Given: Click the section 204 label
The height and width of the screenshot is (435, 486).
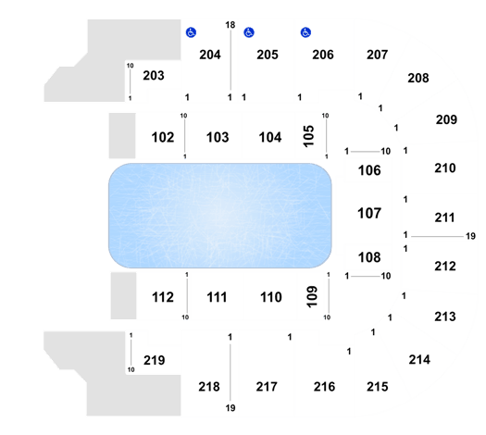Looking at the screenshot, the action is [x=210, y=55].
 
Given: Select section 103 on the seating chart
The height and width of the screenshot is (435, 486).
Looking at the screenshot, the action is [x=218, y=137].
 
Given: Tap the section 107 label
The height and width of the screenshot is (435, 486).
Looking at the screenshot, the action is [x=369, y=213].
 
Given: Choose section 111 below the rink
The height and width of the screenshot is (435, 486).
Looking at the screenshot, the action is [x=217, y=297].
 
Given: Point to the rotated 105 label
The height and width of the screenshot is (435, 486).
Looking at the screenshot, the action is [x=308, y=136].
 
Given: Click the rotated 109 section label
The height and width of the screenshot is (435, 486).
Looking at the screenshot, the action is [x=312, y=297].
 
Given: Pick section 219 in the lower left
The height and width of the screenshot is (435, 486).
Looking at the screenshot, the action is [x=154, y=360].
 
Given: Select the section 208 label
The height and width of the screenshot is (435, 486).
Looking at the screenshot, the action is [x=418, y=78].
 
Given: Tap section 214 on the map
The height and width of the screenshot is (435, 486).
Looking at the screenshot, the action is [x=419, y=360].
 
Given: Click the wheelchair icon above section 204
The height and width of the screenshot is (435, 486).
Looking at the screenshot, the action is [x=191, y=32].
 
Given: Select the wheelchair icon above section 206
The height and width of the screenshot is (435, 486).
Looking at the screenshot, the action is [x=305, y=32].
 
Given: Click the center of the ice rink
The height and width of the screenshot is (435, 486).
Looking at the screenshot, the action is [x=220, y=216].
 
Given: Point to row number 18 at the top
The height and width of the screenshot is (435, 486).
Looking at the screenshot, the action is [x=231, y=25].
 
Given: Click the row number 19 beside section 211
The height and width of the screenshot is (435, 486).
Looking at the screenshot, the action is [x=470, y=236].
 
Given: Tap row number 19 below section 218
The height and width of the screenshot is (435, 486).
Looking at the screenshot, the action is [x=231, y=408].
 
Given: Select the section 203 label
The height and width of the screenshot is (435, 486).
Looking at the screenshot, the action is [x=154, y=76].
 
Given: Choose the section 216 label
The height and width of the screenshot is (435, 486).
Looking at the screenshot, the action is [x=324, y=387].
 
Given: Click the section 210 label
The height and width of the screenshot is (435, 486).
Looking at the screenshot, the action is [x=445, y=168].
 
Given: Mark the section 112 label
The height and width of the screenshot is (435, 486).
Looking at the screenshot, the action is [x=163, y=297].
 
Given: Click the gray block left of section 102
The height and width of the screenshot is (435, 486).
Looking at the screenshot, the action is [x=122, y=135].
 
